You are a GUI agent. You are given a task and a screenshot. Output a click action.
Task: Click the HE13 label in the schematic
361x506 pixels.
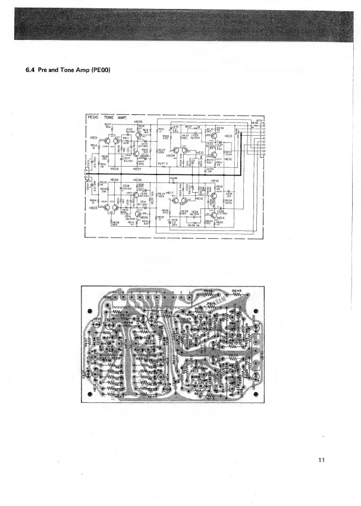229,136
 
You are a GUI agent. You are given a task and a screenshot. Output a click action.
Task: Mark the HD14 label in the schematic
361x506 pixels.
220,218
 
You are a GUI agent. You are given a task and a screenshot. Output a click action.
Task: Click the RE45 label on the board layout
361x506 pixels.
237,293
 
